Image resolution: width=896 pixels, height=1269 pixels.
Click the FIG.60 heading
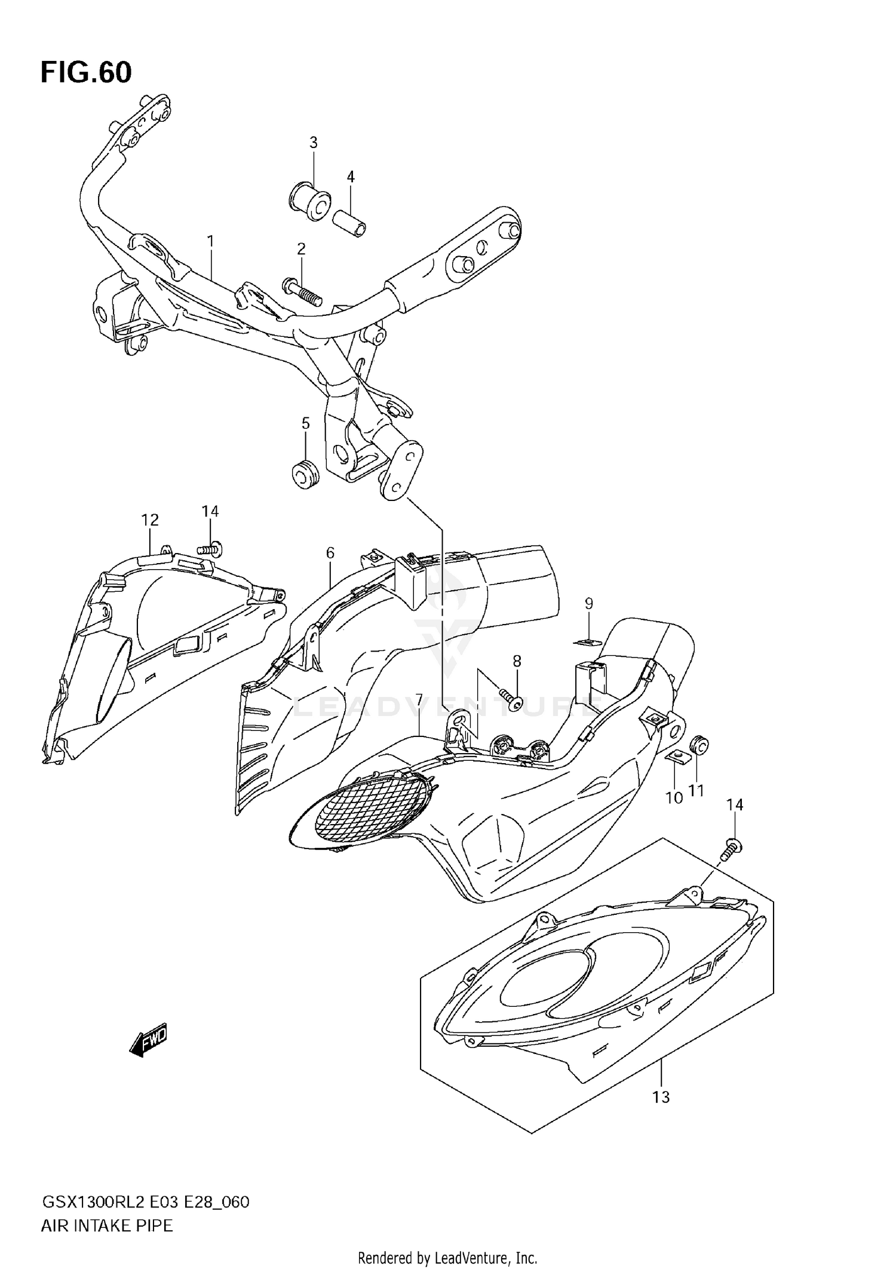click(x=86, y=73)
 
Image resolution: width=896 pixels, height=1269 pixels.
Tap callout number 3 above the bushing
click(x=313, y=143)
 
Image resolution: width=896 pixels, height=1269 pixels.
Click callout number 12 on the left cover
click(x=150, y=520)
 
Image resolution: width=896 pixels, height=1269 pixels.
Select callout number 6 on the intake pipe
click(x=330, y=553)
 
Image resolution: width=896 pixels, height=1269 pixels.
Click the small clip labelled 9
click(x=587, y=642)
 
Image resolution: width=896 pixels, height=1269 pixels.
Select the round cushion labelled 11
click(x=699, y=746)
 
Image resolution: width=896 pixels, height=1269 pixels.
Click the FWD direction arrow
click(x=149, y=1041)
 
